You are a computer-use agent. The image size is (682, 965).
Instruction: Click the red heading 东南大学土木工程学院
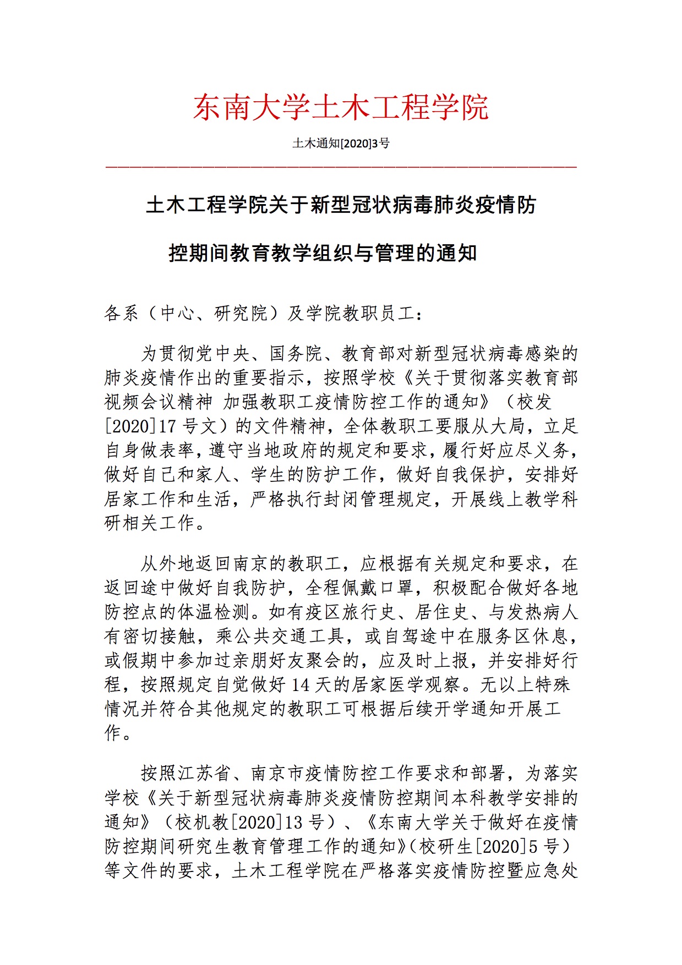pyautogui.click(x=341, y=107)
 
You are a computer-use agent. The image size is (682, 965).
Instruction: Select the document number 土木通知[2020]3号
pyautogui.click(x=341, y=144)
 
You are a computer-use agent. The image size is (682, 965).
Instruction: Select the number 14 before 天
pyautogui.click(x=301, y=685)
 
